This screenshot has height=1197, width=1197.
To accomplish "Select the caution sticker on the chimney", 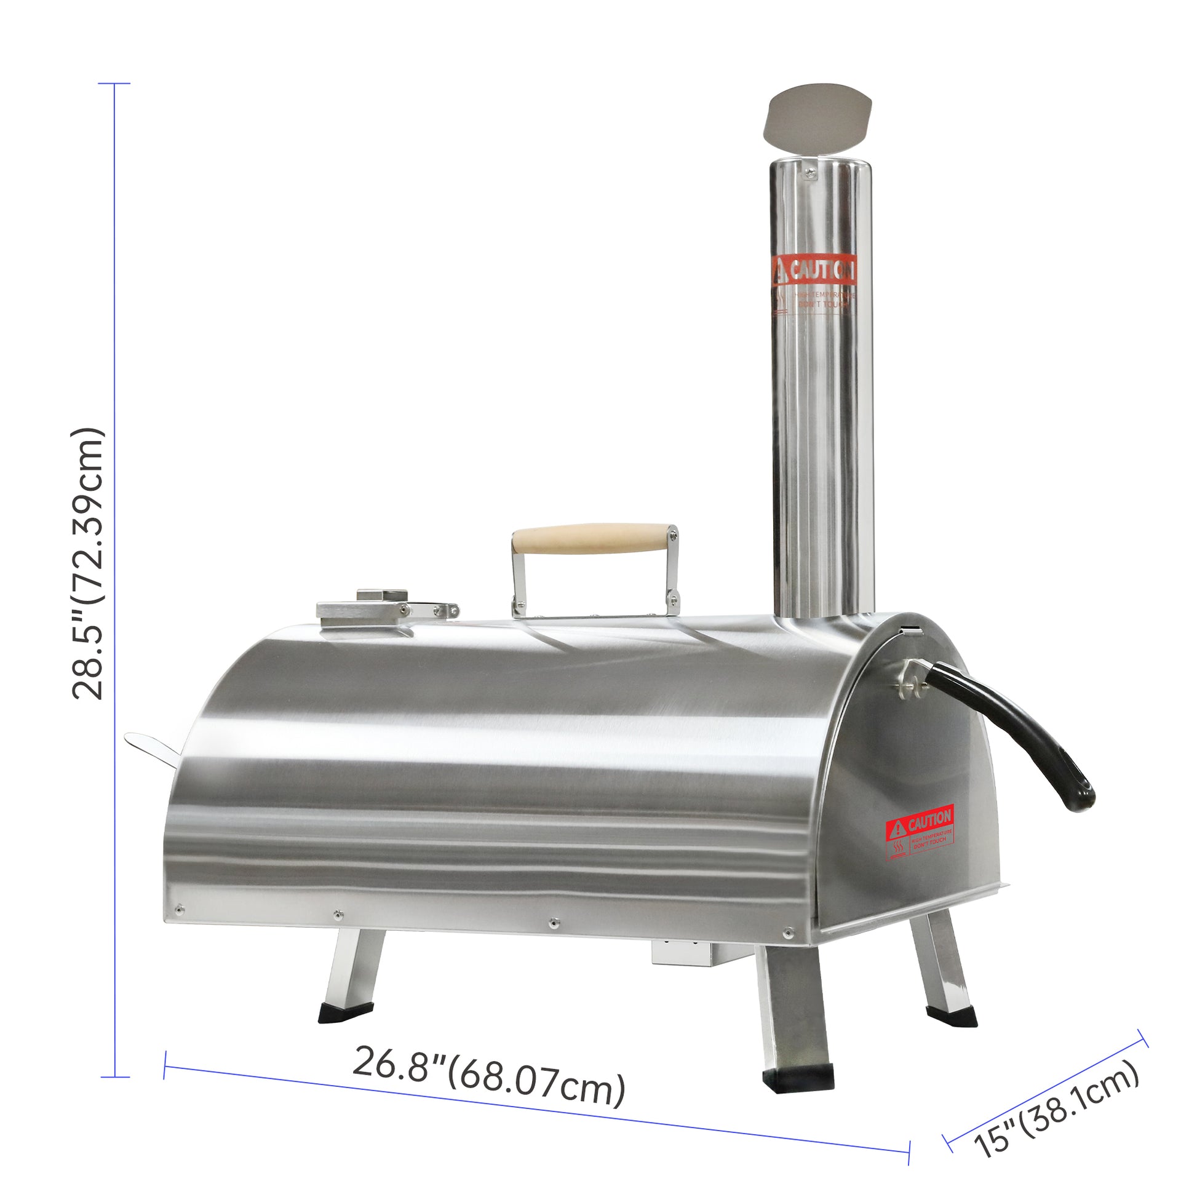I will [814, 284].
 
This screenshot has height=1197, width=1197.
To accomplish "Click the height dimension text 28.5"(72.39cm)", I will [88, 564].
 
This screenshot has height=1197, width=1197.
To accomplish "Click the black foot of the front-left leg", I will [346, 1013].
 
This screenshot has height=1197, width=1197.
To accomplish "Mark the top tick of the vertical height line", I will [114, 83].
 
